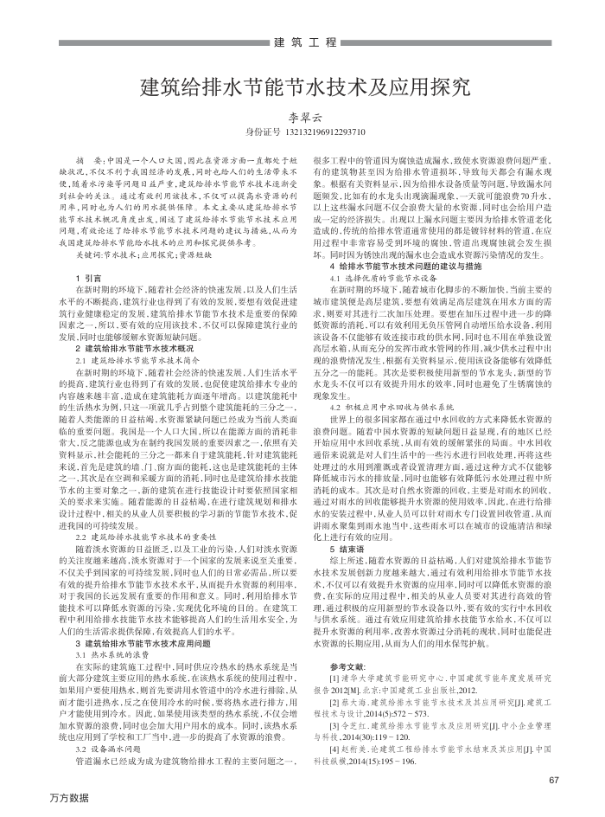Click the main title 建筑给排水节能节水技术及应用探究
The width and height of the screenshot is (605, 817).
pos(303,87)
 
